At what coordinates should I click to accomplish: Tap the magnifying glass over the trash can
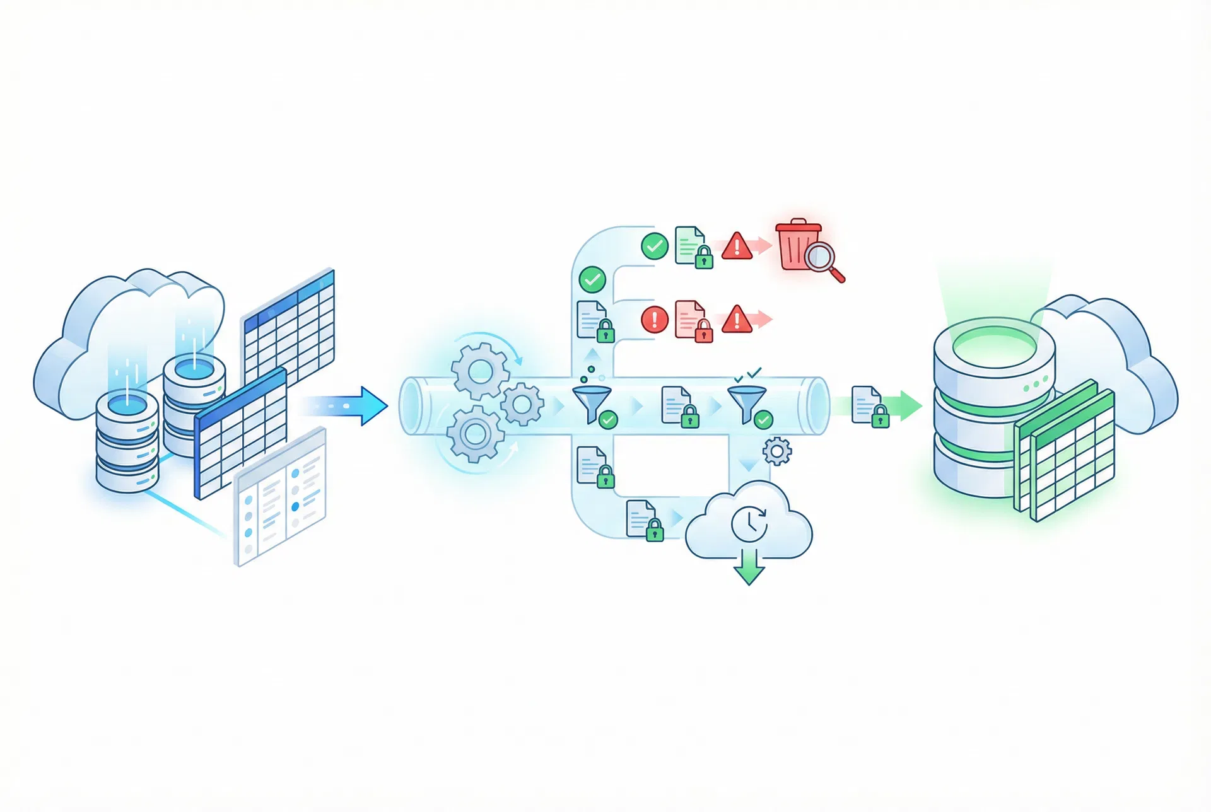(822, 258)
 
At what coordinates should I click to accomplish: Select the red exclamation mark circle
(655, 319)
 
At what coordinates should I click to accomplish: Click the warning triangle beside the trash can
(737, 246)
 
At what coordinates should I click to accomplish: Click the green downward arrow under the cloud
(749, 566)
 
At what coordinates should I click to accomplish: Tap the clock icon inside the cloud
(749, 523)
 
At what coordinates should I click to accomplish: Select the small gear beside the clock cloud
(776, 451)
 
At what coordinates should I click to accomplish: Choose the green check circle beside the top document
(655, 246)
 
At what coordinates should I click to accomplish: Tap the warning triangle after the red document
(736, 320)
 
